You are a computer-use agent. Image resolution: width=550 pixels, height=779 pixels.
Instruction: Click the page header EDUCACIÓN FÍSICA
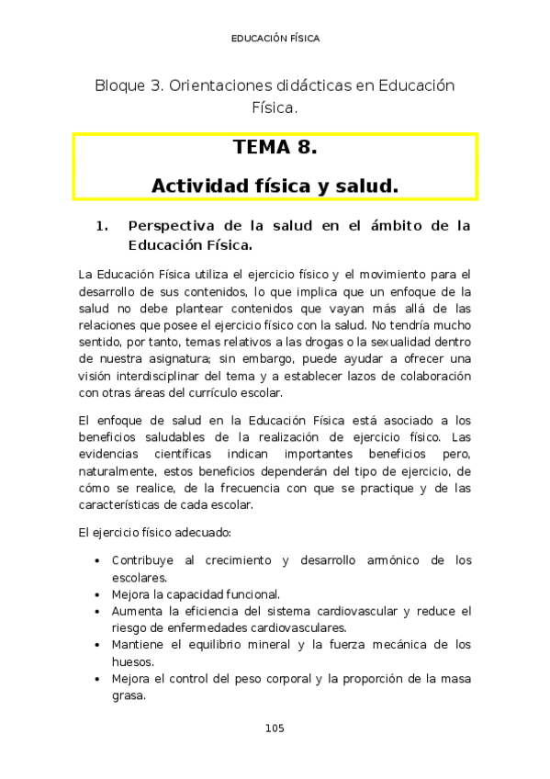point(275,39)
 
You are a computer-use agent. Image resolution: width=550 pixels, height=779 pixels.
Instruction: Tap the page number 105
point(275,728)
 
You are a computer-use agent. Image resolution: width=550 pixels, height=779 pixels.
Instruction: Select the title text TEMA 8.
point(275,147)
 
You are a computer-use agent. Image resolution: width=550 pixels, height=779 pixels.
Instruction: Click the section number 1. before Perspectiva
point(103,225)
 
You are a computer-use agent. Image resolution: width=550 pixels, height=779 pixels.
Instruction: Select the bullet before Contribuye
point(97,560)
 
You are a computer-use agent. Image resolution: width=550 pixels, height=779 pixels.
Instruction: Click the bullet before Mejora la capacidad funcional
point(97,594)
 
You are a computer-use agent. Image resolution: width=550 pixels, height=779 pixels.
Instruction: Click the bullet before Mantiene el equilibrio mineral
point(97,645)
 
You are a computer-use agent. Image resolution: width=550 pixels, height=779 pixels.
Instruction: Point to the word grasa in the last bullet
point(127,695)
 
